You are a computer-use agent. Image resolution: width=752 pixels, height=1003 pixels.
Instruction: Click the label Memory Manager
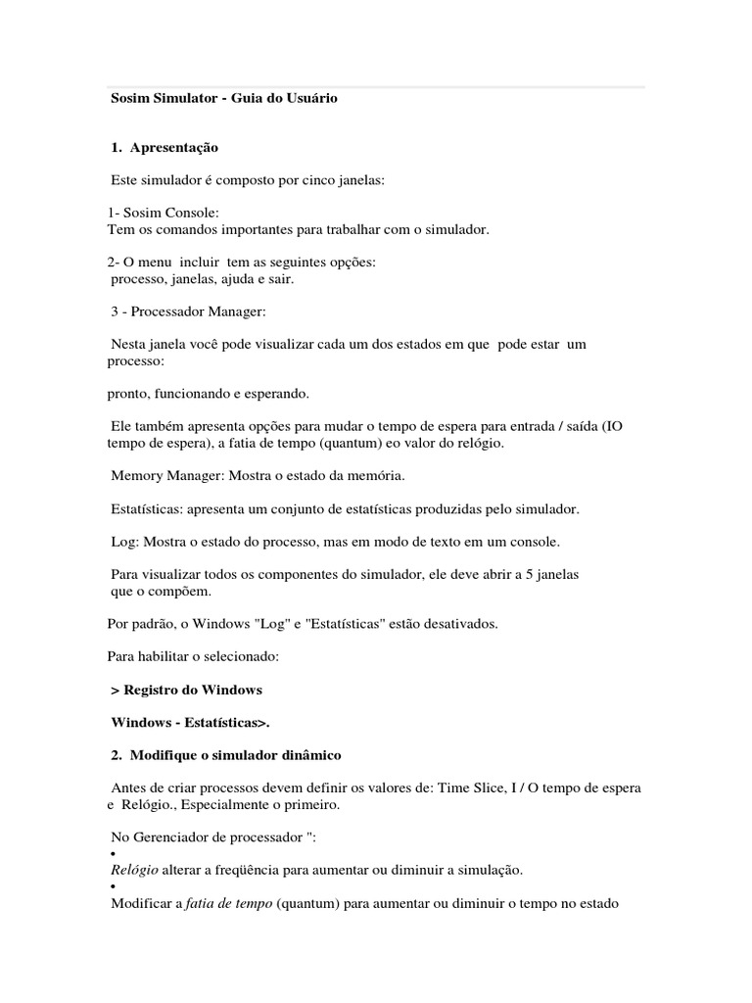click(x=163, y=476)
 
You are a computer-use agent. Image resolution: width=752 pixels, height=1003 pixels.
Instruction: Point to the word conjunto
click(x=299, y=509)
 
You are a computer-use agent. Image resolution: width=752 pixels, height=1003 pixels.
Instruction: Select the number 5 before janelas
click(x=533, y=574)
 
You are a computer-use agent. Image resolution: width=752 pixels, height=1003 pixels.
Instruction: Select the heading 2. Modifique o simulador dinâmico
click(x=226, y=756)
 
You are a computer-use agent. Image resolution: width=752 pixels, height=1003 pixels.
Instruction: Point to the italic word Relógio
click(x=135, y=870)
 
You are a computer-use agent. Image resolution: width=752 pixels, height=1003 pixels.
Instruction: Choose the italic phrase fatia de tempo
click(x=229, y=903)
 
